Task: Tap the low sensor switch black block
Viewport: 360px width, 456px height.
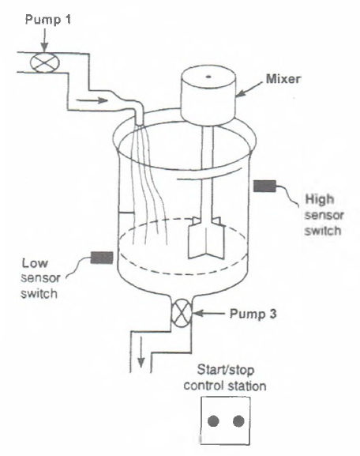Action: point(102,256)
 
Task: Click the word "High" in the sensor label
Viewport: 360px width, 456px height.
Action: point(317,202)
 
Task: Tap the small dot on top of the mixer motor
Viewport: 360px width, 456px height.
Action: point(208,77)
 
